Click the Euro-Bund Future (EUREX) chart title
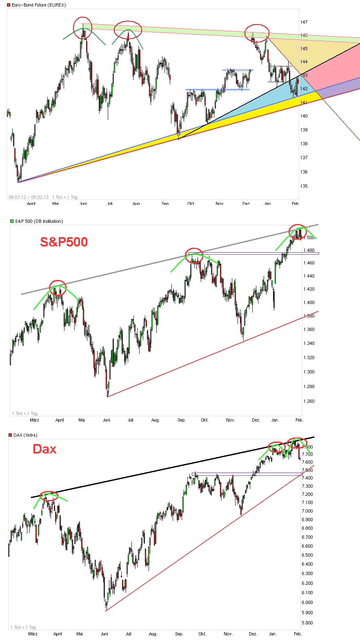39,5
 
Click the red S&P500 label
64,242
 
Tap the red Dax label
44,449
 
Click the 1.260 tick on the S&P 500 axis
309,401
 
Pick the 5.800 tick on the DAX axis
307,623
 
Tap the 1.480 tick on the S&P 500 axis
309,250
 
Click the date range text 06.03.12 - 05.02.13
29,197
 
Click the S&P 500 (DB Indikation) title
39,221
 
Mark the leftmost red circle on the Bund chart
83,28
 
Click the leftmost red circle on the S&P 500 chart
58,288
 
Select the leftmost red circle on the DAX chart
49,496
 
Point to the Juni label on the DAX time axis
104,634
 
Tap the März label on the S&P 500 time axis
34,420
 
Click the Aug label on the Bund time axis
136,203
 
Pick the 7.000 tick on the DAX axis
307,511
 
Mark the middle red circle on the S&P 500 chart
194,255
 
